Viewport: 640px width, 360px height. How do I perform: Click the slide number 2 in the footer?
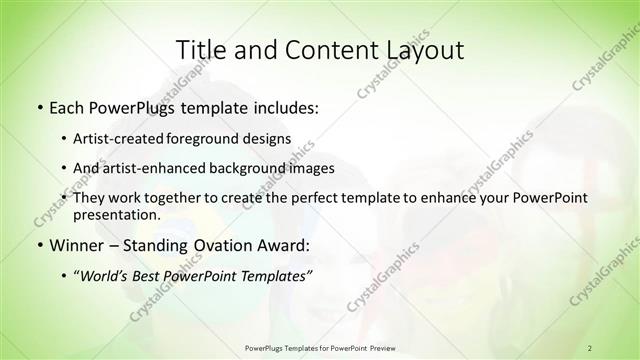[x=589, y=347]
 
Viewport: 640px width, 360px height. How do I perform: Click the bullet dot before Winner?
[x=38, y=246]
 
